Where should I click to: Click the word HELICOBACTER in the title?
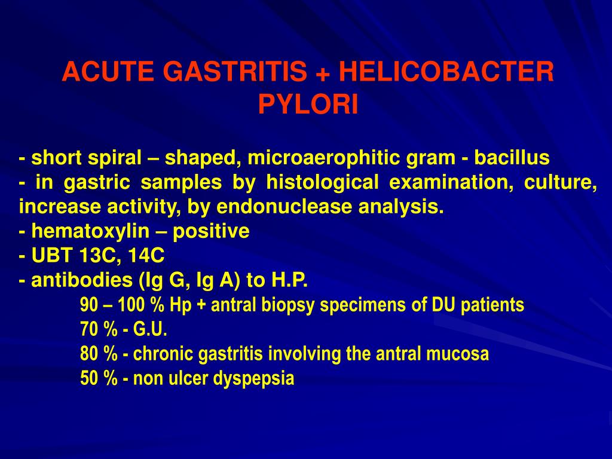[x=446, y=73]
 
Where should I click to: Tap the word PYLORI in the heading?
[x=308, y=105]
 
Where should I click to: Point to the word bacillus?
[x=512, y=158]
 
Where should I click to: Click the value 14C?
[x=145, y=256]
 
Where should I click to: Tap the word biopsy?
[x=293, y=305]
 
